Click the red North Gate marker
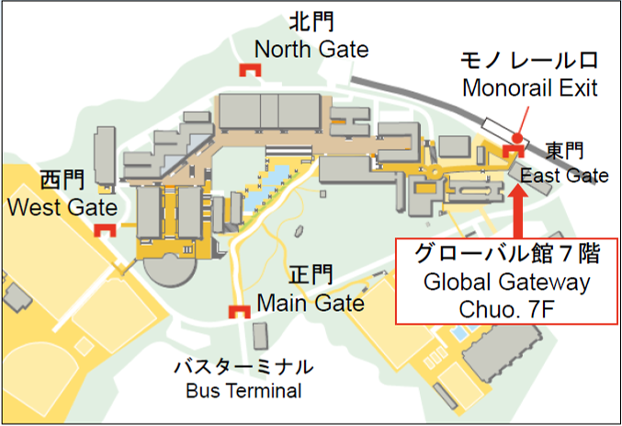pos(248,70)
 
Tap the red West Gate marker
pos(107,231)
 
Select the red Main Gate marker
pos(242,312)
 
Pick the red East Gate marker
pos(515,150)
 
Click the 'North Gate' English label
pos(311,50)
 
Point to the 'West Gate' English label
pos(62,207)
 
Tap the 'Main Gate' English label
pos(311,302)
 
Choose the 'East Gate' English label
pos(564,175)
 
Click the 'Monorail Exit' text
pos(530,88)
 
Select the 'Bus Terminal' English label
pos(243,391)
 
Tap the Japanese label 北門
pos(311,21)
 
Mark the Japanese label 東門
pos(565,150)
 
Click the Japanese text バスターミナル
pos(243,366)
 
